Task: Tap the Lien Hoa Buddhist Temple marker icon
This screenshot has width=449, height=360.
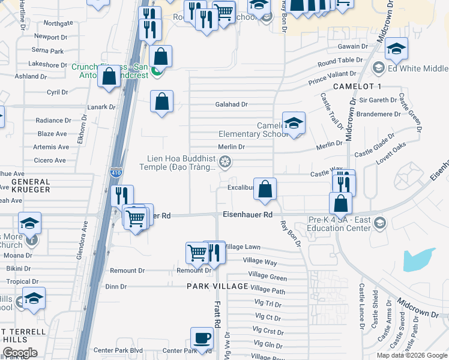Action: tap(225, 161)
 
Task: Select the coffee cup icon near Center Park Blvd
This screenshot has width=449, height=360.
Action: tap(202, 338)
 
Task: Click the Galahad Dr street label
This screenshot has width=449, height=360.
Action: tap(232, 104)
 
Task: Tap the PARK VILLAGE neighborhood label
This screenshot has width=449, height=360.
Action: tap(217, 286)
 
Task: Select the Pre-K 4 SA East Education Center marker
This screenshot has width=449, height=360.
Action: tap(379, 223)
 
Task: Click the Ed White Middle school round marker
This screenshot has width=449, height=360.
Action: tap(378, 68)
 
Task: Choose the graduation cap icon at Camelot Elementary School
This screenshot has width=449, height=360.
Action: tap(293, 124)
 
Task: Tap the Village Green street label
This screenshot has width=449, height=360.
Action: tap(268, 277)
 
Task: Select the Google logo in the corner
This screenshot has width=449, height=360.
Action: tap(20, 353)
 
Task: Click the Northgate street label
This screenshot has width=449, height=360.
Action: tap(58, 23)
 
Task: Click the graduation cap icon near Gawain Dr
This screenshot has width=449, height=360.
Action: tap(396, 48)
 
